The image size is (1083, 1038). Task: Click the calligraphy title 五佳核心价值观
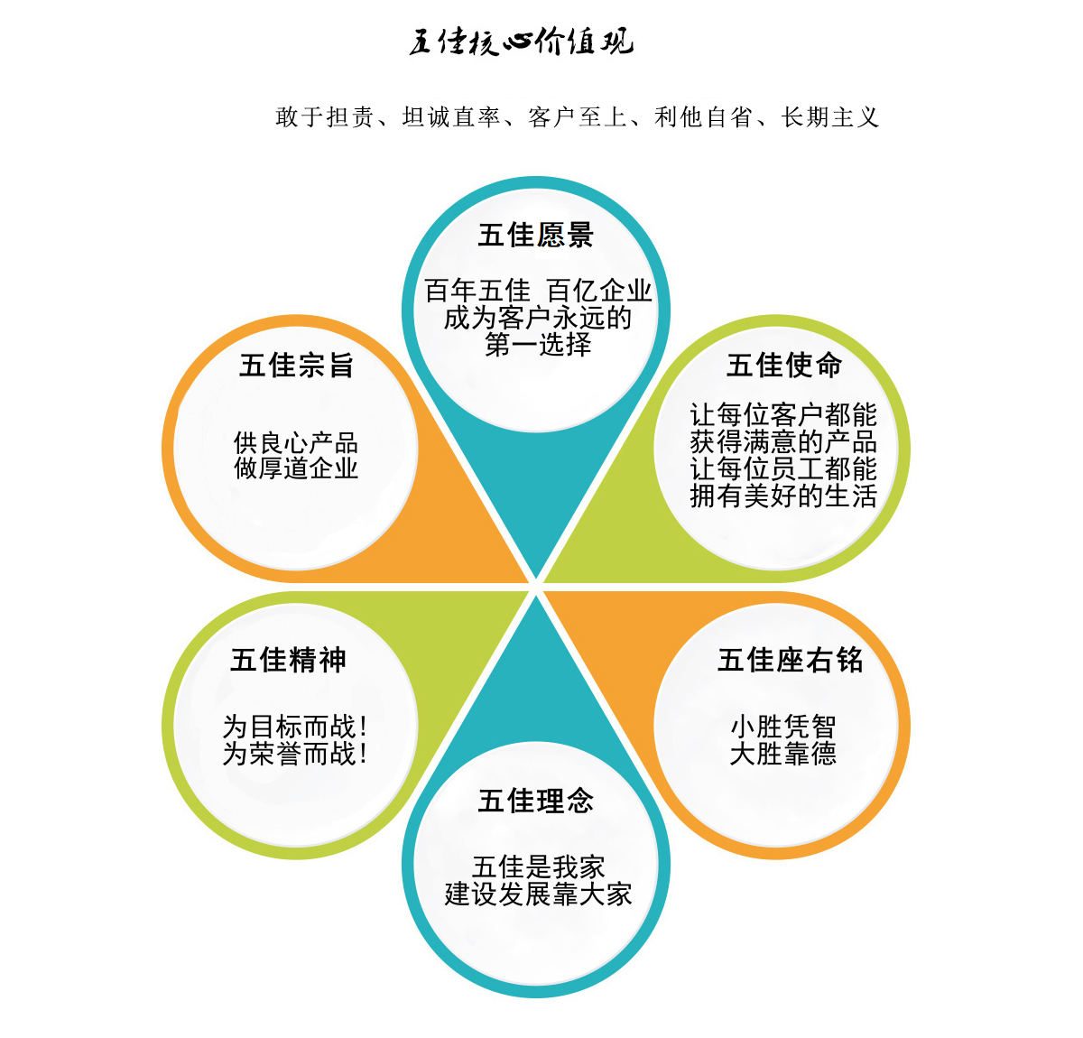(x=521, y=42)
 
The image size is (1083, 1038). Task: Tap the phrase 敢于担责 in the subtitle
(x=325, y=117)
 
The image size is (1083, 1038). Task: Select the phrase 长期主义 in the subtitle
(x=829, y=117)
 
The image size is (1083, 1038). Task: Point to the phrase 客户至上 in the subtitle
(x=577, y=117)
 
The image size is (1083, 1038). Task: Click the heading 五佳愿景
(x=536, y=235)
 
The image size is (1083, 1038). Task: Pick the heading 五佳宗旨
(x=296, y=366)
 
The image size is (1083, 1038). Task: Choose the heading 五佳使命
(x=784, y=366)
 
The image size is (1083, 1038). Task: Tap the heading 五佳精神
(x=288, y=660)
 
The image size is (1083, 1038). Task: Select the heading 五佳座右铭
(x=790, y=660)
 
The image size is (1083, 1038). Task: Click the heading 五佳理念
(x=536, y=801)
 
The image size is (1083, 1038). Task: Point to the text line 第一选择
(x=538, y=345)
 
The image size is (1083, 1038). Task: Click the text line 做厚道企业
(x=295, y=468)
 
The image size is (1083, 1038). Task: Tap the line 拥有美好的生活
(x=783, y=496)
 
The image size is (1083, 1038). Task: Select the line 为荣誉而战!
(x=295, y=754)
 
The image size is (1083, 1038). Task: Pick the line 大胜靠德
(x=782, y=754)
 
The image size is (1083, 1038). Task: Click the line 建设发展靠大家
(x=538, y=894)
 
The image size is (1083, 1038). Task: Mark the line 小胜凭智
(x=782, y=727)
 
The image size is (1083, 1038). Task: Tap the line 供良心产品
(x=295, y=443)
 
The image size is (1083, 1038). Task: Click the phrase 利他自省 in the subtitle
(x=703, y=117)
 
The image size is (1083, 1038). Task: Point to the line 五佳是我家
(x=538, y=867)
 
